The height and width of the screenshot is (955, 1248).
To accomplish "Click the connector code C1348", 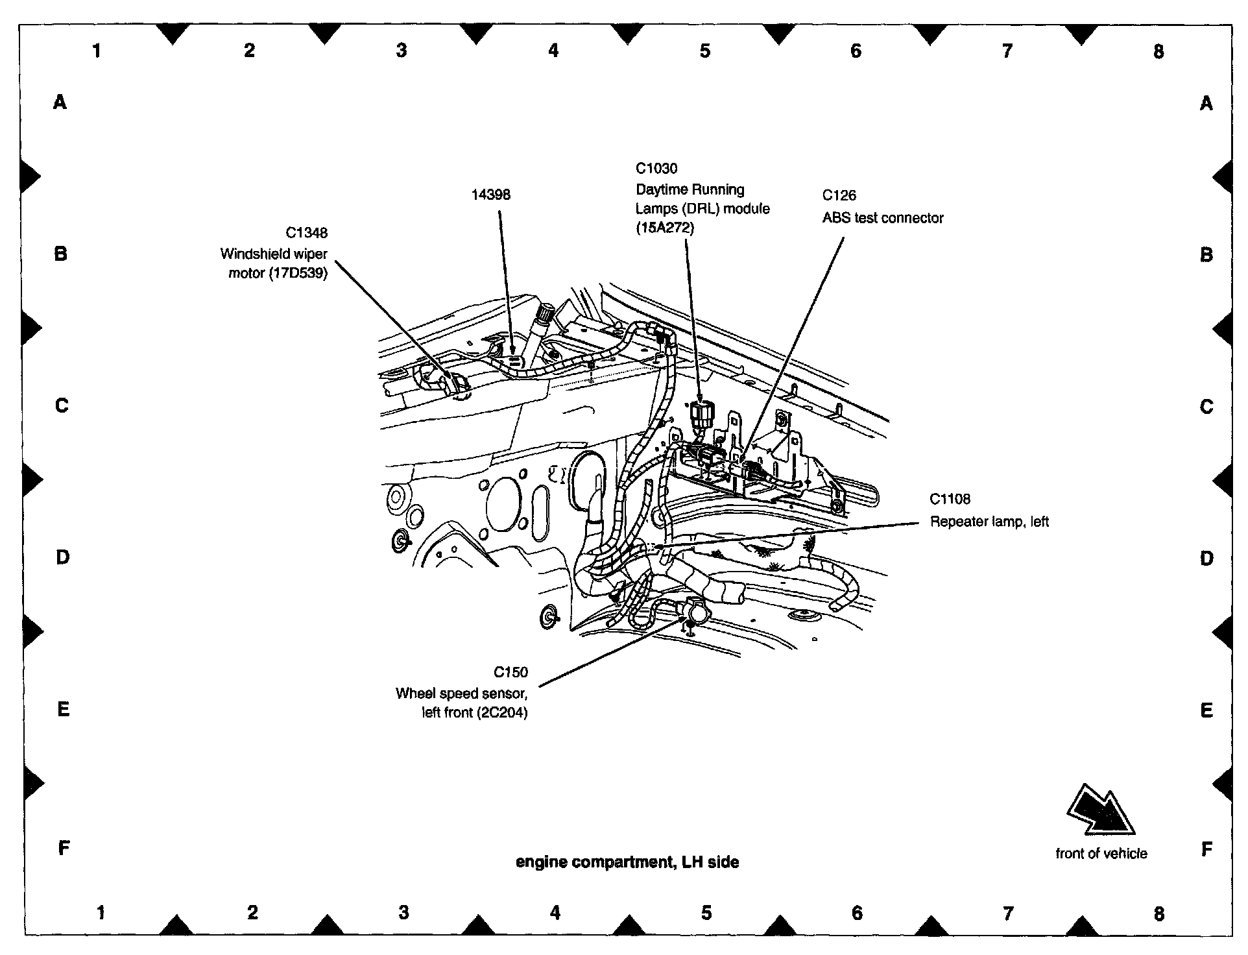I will pos(306,232).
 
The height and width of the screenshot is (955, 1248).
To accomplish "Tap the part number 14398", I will pos(491,195).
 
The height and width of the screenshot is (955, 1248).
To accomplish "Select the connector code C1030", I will pos(656,169).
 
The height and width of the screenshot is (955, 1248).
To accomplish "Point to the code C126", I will pos(839,195).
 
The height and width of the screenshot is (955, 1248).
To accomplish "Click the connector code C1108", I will pos(950,499).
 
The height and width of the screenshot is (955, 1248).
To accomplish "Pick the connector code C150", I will pos(510,672).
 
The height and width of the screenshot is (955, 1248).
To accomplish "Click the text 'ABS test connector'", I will pos(882,218).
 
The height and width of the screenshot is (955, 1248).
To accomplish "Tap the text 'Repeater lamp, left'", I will pos(989,522).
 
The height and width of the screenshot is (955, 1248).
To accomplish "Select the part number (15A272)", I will pos(664,228).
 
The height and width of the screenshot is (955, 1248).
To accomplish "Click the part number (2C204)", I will pos(501,713).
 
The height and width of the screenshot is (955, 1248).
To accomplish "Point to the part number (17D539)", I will pos(298,273).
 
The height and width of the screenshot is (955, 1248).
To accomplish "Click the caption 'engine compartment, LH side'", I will pos(627,862).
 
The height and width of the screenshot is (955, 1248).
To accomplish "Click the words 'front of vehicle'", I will pos(1101,854).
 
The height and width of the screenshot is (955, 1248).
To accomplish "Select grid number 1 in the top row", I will pos(97,51).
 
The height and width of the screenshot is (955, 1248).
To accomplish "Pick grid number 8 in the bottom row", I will pos(1158,913).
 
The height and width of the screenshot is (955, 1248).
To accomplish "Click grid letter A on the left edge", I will pos(60,102).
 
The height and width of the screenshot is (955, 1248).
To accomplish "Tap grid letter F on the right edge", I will pos(1206,849).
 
